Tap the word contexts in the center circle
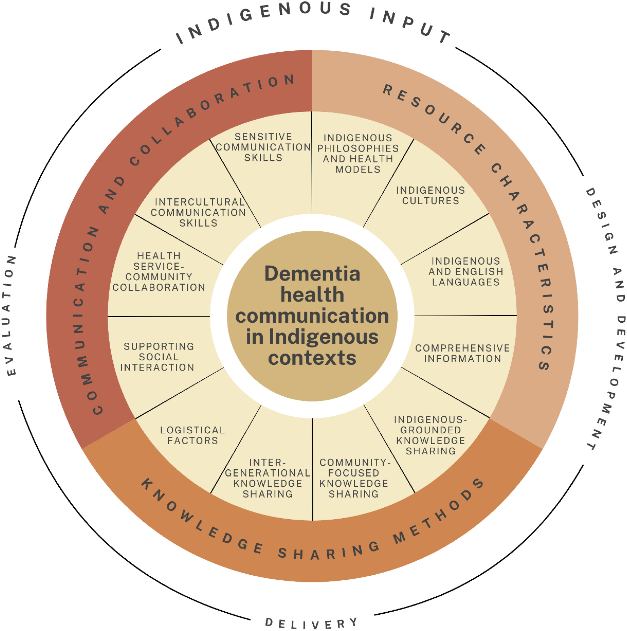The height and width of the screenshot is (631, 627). [x=312, y=358]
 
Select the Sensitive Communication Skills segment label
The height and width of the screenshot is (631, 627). [x=263, y=147]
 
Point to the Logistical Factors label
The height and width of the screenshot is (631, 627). [x=193, y=435]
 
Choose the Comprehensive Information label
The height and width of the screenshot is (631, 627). [x=462, y=353]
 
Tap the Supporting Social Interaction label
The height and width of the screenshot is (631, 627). [x=158, y=357]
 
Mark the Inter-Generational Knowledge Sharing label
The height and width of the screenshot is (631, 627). [x=268, y=478]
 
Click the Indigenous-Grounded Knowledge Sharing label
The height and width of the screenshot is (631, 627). [x=431, y=435]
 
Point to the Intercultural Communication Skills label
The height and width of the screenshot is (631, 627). [x=198, y=213]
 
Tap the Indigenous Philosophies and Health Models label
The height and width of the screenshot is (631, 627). [x=358, y=153]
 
